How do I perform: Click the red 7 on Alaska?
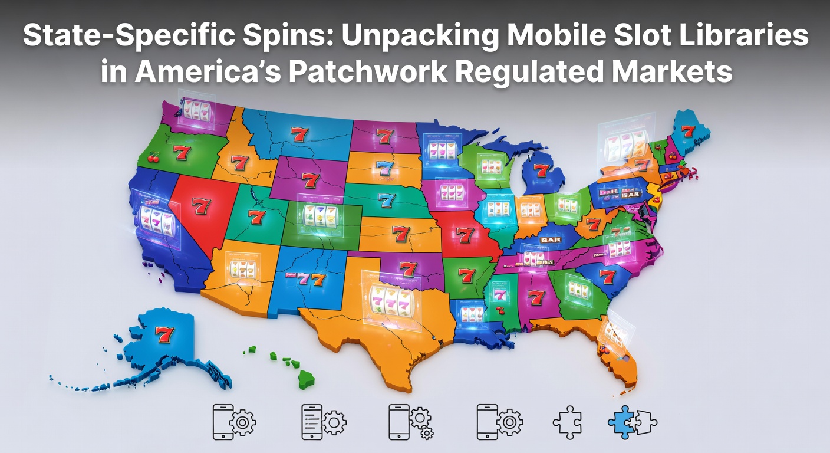[x=165, y=334]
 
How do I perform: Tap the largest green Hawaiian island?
[x=306, y=379]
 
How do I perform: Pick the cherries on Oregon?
[x=154, y=157]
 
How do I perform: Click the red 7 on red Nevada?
[x=201, y=206]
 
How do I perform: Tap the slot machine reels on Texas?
[x=389, y=300]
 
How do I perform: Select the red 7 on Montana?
[x=299, y=134]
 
